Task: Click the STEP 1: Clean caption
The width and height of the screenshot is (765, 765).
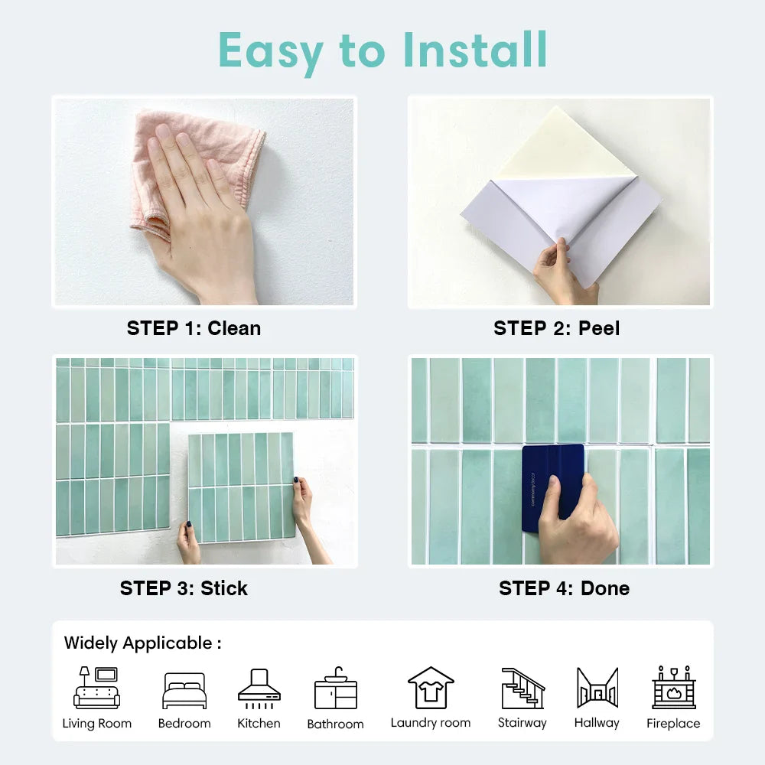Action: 194,328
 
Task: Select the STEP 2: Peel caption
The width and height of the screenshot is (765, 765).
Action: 557,328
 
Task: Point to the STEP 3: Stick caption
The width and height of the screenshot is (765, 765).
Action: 184,588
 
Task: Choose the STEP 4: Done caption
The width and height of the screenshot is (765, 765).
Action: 564,588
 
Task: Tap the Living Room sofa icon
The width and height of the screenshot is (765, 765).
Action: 96,688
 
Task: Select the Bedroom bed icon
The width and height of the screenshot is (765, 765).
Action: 184,690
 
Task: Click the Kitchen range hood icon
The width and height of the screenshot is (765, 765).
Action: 259,688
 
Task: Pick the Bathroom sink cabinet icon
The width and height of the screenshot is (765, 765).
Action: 336,688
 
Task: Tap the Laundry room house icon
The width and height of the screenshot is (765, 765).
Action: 431,688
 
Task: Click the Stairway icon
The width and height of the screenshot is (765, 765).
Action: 523,688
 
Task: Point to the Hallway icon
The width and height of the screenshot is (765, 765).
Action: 597,688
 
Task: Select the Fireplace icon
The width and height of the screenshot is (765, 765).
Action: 674,687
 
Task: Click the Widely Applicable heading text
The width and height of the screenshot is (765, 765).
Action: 142,643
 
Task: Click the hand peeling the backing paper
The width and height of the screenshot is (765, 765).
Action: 564,271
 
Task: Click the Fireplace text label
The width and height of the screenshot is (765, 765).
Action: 673,723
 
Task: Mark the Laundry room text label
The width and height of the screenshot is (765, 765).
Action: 431,723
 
